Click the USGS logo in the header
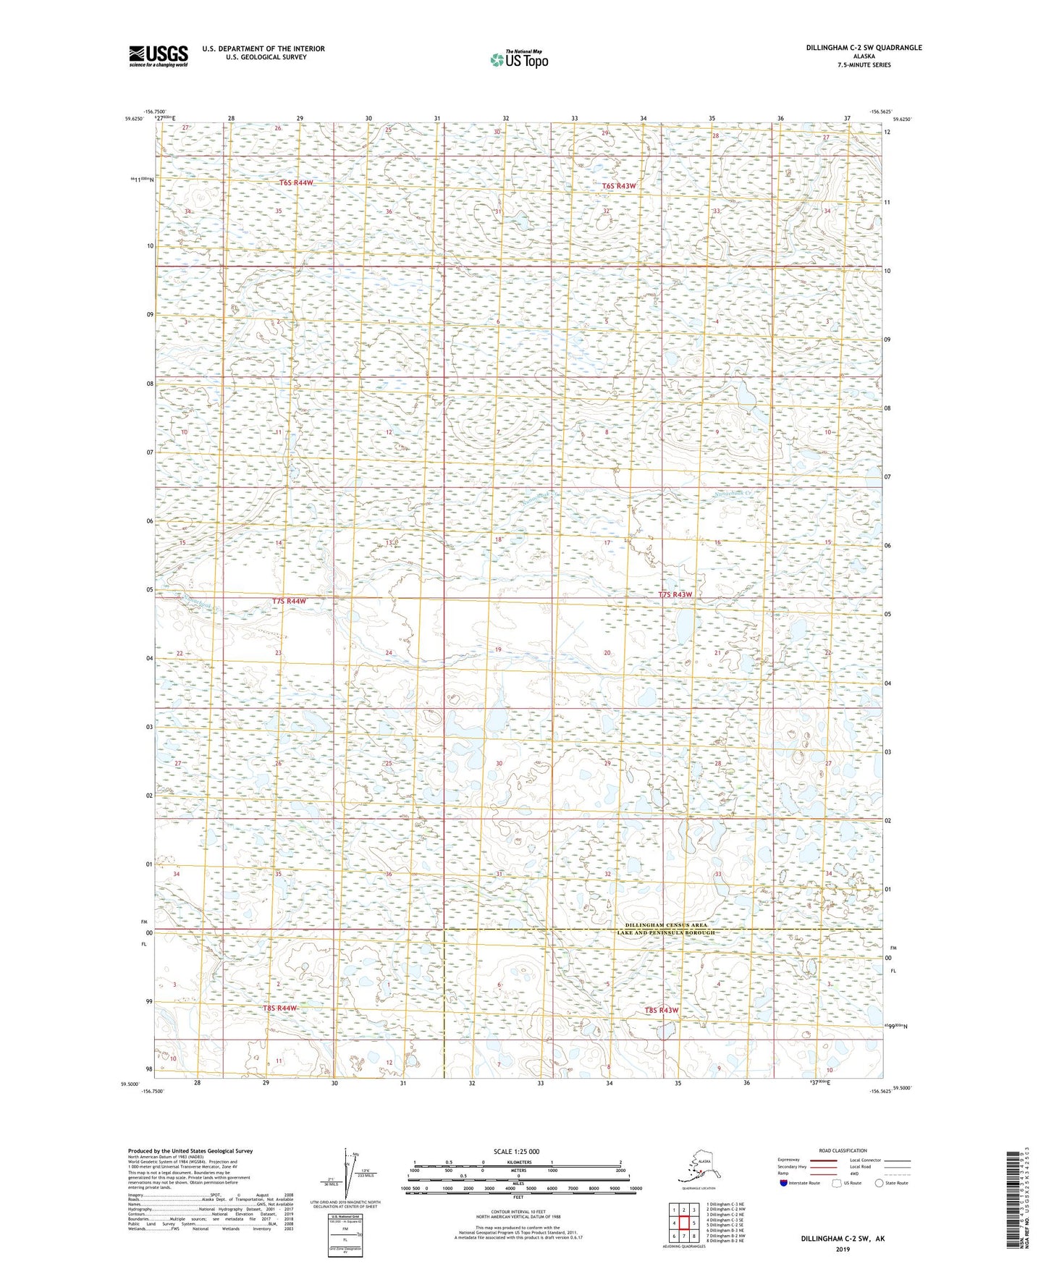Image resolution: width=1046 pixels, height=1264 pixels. (x=159, y=55)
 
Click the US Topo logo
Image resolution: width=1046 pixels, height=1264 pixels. (x=519, y=59)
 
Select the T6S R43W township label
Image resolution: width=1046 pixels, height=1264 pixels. (x=619, y=186)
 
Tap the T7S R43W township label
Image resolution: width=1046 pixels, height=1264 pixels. (x=675, y=594)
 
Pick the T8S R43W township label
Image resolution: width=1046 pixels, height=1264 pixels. (x=661, y=1010)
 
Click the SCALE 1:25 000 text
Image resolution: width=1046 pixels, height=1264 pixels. (x=518, y=1152)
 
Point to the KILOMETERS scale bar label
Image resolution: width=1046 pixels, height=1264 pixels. (x=517, y=1162)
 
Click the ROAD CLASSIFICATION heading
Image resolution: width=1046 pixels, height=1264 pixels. (x=843, y=1150)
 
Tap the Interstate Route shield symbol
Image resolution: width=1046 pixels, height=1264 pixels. (x=783, y=1183)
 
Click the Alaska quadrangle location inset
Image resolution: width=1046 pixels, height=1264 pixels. (x=698, y=1167)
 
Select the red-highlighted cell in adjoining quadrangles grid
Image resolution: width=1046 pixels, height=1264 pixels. (x=684, y=1223)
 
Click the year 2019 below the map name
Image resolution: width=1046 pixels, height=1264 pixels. (x=843, y=1249)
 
